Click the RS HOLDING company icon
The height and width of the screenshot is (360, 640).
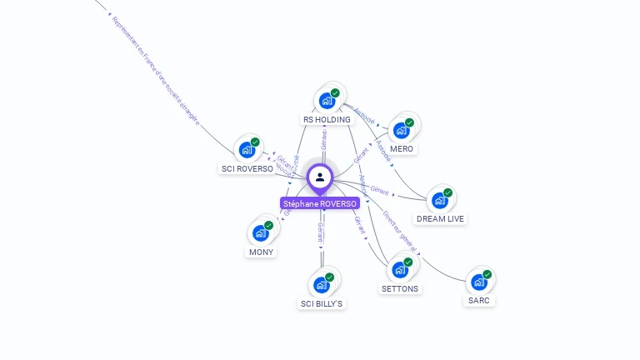[327, 101]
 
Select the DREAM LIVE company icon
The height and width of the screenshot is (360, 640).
[439, 200]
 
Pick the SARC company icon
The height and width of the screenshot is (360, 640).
[478, 282]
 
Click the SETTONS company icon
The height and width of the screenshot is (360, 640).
[399, 270]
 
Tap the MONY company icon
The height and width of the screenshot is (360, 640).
[260, 233]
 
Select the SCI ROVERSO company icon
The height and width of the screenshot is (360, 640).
[247, 150]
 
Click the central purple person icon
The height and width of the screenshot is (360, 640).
[320, 177]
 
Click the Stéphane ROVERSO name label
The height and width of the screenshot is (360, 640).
[320, 203]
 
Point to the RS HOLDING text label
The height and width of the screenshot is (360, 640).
[327, 120]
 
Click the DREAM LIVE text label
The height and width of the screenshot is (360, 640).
[441, 219]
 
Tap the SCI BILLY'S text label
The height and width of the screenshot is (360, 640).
[322, 304]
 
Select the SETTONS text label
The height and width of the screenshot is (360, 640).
[400, 289]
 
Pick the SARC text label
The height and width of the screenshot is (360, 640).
[478, 300]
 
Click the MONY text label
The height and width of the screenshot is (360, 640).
[261, 252]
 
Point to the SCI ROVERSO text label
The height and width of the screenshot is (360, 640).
[247, 168]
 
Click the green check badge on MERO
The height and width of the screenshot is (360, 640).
[409, 122]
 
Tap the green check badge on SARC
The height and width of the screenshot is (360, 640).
[487, 274]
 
